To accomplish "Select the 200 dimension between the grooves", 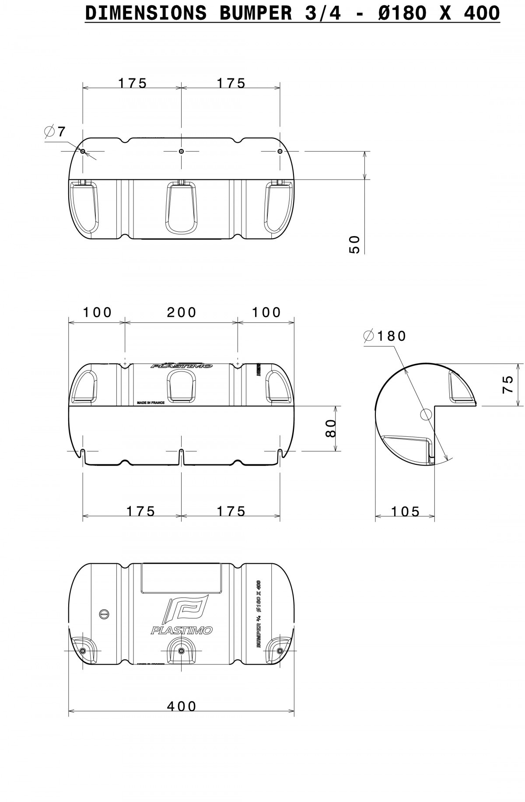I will [182, 312].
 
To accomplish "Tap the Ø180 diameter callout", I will [385, 336].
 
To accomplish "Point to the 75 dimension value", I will [507, 385].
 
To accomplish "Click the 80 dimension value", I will [331, 428].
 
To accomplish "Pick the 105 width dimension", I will [405, 511].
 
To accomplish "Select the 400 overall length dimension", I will [182, 706].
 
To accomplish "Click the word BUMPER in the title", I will [255, 13].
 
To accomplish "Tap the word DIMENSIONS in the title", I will [146, 13].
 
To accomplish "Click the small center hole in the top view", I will [182, 151].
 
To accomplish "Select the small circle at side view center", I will [426, 414].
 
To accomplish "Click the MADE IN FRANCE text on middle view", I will [150, 402].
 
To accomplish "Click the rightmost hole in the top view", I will [280, 151].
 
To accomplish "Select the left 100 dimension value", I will [98, 312].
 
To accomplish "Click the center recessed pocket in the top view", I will [181, 208].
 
